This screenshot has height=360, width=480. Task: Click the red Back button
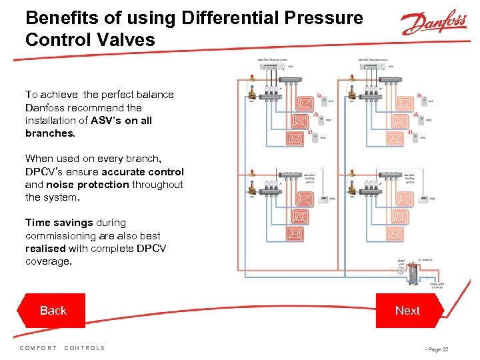(53, 311)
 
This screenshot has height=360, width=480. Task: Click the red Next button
(407, 311)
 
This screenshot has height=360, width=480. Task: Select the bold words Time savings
(59, 223)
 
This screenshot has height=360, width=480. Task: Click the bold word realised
(45, 249)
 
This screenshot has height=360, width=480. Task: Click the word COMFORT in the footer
(39, 348)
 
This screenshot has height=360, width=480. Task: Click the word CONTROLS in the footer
(85, 348)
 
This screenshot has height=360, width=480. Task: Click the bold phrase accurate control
(143, 172)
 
